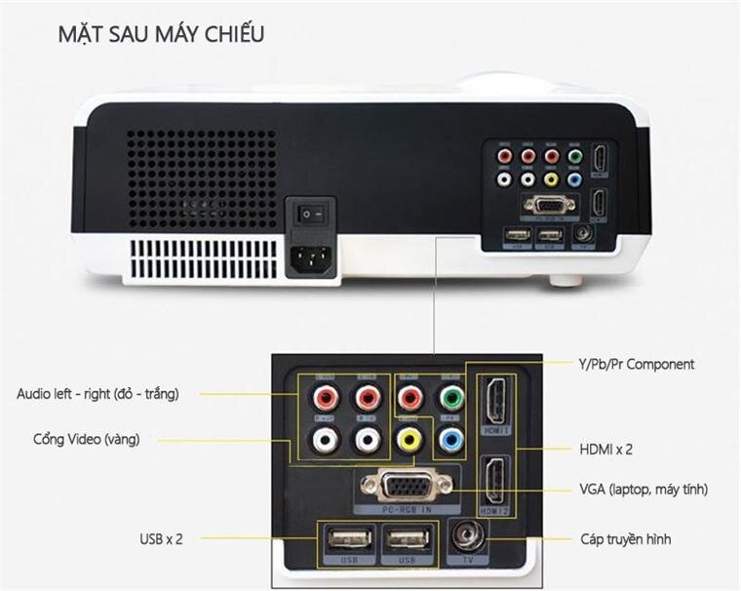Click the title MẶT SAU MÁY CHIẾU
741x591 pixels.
tap(160, 35)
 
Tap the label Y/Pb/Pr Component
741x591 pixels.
tap(635, 364)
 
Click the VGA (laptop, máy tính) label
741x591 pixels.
tap(643, 489)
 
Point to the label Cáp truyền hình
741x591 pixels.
tap(623, 538)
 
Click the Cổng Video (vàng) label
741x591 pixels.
tap(86, 440)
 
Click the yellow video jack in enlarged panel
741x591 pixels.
tap(409, 440)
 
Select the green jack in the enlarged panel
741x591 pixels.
tap(449, 398)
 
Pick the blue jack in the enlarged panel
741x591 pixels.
tap(449, 440)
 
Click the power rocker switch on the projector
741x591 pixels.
tap(310, 212)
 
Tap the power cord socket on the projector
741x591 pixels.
tap(310, 256)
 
